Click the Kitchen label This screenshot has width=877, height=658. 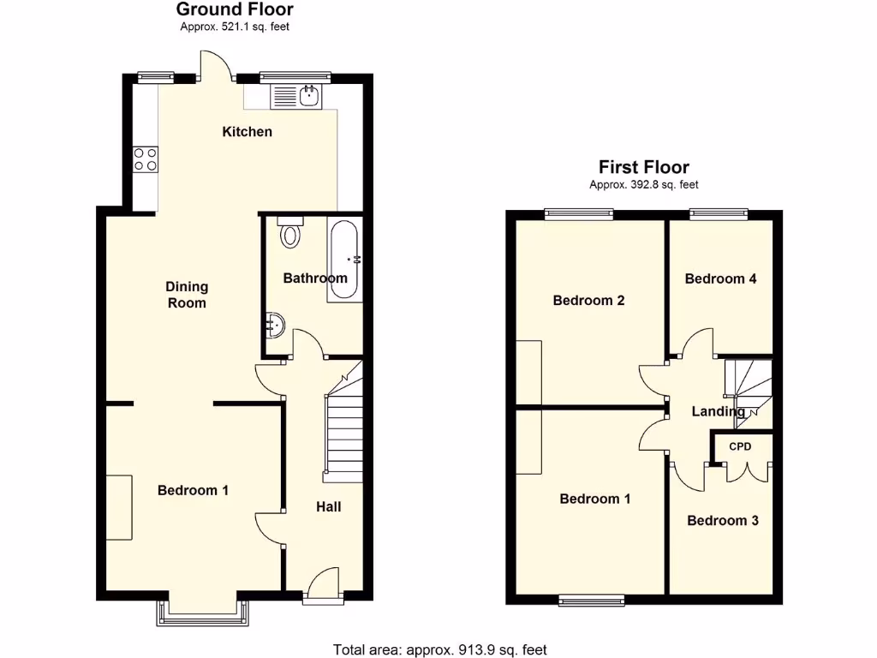tap(248, 132)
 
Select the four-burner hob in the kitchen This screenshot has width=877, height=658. tap(146, 159)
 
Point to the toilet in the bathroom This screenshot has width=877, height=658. tap(291, 232)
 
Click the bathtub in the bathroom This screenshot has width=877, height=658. tap(344, 260)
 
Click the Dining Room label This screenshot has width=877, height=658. tap(187, 295)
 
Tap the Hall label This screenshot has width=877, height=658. tap(329, 507)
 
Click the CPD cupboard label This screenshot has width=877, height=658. tap(740, 447)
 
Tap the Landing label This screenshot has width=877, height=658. tap(718, 412)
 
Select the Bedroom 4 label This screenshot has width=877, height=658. tap(720, 278)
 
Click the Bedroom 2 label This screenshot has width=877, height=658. tap(588, 301)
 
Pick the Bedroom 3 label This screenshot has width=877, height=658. tap(723, 521)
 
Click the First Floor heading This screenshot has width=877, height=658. tap(643, 168)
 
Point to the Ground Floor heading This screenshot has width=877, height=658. tap(235, 10)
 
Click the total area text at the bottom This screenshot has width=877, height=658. tap(438, 649)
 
